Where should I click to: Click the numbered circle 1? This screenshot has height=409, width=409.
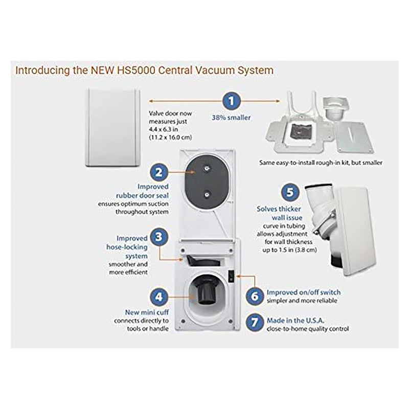[233, 101]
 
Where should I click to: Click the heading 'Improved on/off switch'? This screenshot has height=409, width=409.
[303, 292]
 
